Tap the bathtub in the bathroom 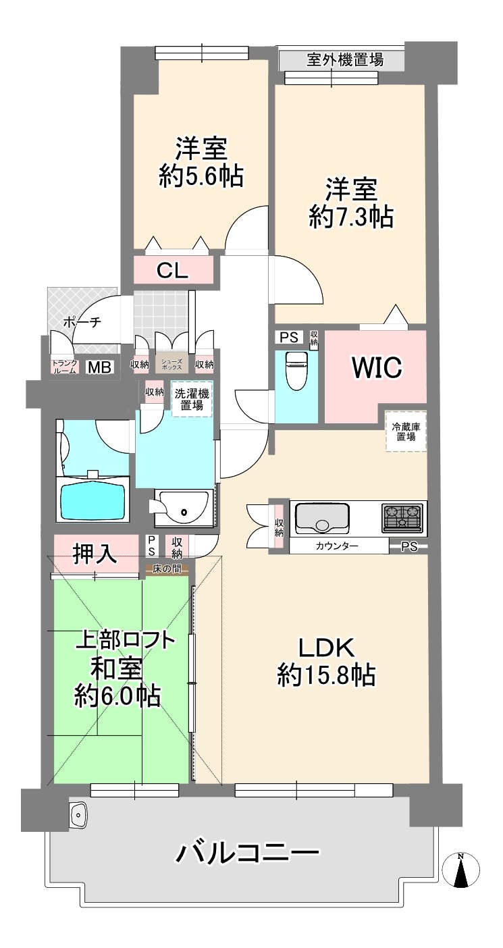pos(92,500)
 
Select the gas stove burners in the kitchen pos(402,518)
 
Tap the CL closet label pos(172,271)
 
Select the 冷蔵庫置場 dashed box pos(405,431)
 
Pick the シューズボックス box pos(171,363)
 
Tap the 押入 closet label pos(95,553)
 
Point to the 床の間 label pos(167,569)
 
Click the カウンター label pos(337,546)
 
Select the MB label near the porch pos(100,367)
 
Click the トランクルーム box pos(65,367)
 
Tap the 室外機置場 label pos(345,59)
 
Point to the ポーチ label pos(82,322)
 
